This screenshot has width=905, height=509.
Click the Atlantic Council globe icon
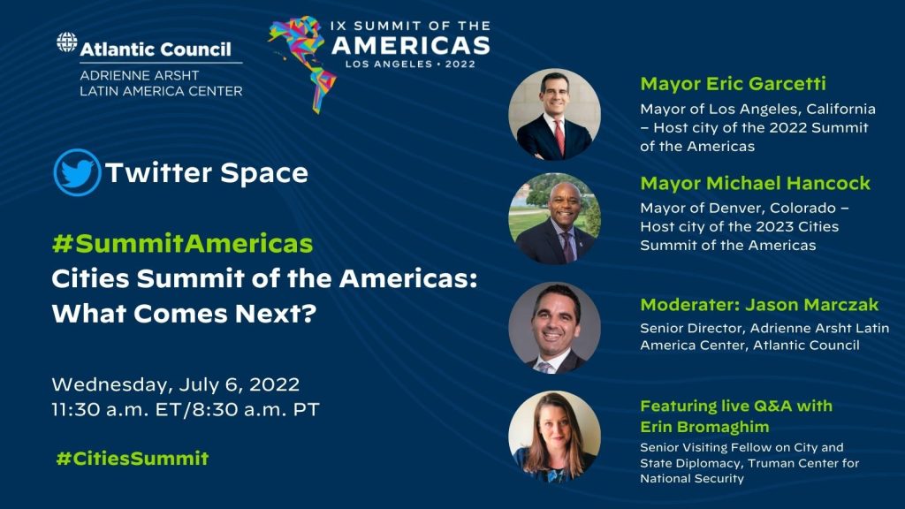[x=67, y=42]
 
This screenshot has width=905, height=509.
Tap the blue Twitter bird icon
[x=78, y=172]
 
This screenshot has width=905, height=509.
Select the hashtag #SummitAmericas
[x=182, y=244]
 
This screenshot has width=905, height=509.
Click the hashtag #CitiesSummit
[x=133, y=459]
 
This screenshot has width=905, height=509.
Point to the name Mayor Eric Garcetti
[x=733, y=84]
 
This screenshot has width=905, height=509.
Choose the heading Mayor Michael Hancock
[x=755, y=183]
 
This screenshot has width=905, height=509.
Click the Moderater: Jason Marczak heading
[x=759, y=304]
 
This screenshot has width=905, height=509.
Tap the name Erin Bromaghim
[x=704, y=427]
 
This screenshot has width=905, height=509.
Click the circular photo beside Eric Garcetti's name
[x=554, y=114]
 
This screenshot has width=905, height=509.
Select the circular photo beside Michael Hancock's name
[x=554, y=218]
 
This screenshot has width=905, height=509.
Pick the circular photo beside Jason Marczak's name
[x=554, y=327]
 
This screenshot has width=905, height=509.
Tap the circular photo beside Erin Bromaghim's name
[x=554, y=437]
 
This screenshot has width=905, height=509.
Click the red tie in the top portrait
[x=559, y=137]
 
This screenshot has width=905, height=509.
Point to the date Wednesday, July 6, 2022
[x=176, y=385]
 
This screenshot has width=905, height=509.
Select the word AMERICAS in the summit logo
[x=411, y=46]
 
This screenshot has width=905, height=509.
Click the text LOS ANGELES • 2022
[x=410, y=64]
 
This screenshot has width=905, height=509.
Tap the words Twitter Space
[x=207, y=172]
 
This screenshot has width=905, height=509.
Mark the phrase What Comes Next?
[x=184, y=314]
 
